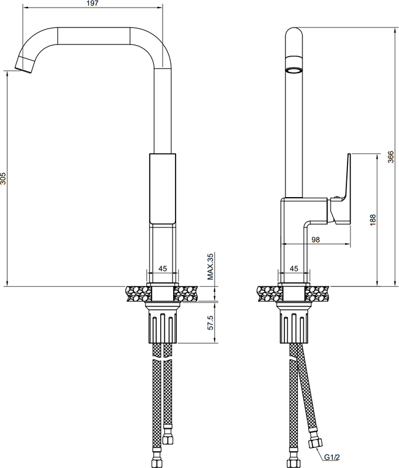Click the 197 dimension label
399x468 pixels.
click(93, 4)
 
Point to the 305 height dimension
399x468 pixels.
click(3, 178)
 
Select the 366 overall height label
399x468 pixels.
click(391, 157)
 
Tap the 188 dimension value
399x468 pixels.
click(373, 220)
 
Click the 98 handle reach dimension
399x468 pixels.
click(315, 240)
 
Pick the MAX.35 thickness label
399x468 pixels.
click(211, 267)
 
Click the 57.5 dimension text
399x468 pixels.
click(211, 322)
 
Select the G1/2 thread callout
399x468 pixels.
click(332, 457)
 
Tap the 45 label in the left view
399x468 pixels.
click(162, 269)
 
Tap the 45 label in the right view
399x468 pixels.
click(294, 269)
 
